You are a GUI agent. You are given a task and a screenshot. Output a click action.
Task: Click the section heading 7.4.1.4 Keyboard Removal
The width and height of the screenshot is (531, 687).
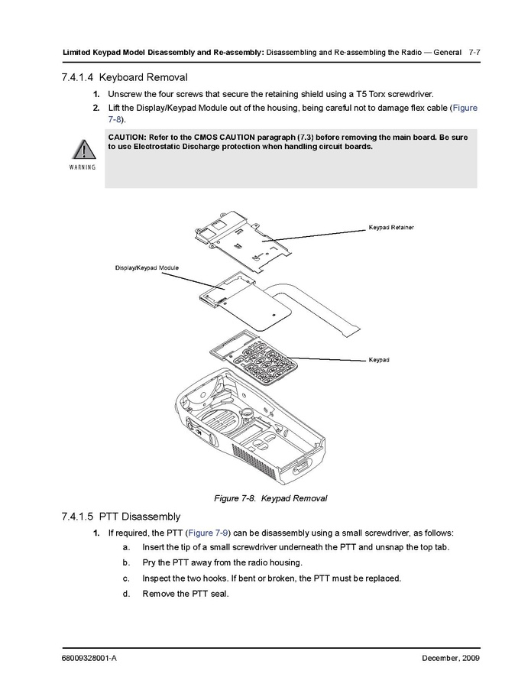pyautogui.click(x=122, y=77)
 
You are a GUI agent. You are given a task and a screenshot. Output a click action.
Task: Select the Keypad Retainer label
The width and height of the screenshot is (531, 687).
pyautogui.click(x=391, y=228)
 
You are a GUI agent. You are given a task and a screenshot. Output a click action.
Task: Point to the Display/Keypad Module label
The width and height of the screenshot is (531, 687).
pyautogui.click(x=147, y=268)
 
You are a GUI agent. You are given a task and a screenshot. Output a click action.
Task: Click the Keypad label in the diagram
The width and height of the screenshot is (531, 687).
pyautogui.click(x=379, y=359)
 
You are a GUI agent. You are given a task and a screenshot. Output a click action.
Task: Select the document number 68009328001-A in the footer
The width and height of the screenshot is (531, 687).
pyautogui.click(x=89, y=659)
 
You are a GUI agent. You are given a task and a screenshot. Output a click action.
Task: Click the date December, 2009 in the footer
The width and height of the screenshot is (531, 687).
pyautogui.click(x=450, y=659)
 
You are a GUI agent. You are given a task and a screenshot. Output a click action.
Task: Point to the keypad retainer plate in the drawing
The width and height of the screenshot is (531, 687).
pyautogui.click(x=252, y=241)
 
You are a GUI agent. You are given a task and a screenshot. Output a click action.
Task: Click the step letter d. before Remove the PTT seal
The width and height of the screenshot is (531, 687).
pyautogui.click(x=125, y=594)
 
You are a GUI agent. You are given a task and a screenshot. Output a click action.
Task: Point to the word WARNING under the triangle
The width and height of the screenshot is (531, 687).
pyautogui.click(x=80, y=167)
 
